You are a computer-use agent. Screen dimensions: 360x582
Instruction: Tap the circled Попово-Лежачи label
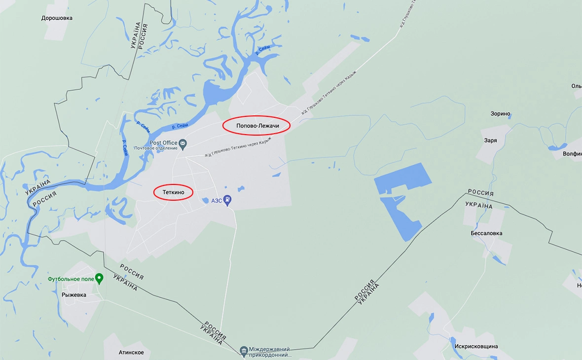pos(257,126)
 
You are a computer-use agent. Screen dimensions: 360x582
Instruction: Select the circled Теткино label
pos(173,192)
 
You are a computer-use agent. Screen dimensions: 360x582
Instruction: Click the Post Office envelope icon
pos(183,144)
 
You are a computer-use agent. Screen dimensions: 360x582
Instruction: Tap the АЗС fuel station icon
pos(227,200)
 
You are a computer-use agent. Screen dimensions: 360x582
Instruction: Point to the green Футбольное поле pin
pos(99,279)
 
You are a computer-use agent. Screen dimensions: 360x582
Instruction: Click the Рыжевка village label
pos(74,295)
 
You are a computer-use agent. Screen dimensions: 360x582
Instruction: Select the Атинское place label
pos(131,353)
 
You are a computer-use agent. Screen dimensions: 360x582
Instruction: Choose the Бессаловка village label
pos(486,233)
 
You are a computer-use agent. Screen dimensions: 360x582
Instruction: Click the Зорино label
pos(500,113)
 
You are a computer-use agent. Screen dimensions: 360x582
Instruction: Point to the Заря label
pos(490,140)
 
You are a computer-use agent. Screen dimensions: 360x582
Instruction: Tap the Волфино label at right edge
pos(572,154)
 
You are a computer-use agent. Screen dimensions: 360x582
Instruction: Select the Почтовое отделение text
pos(156,148)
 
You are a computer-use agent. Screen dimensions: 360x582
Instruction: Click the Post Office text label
pos(163,143)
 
